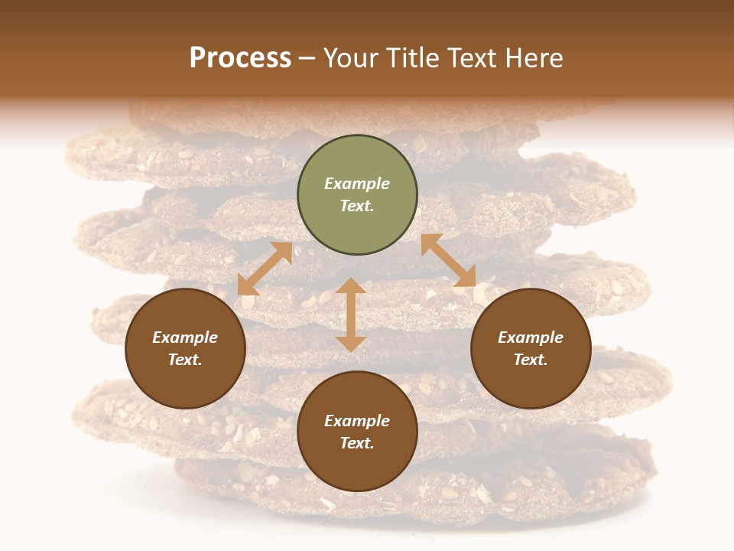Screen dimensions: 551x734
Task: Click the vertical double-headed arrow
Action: point(351,315)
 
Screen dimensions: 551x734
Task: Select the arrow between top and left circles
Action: point(265,269)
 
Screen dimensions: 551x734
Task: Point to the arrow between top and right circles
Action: point(448,260)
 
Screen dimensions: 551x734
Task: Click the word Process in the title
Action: point(240,57)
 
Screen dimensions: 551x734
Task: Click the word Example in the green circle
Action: point(357,184)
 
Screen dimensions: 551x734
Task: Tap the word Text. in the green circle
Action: point(357,206)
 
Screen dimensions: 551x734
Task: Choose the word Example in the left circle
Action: point(185,337)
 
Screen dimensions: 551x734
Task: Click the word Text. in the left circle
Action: point(185,360)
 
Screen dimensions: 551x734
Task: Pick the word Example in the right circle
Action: point(531,337)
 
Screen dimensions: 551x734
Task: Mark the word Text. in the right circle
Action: point(531,360)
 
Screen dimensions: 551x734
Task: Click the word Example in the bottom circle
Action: point(357,421)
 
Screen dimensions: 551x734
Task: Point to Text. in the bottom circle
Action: point(357,443)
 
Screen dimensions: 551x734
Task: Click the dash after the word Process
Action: point(307,58)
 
